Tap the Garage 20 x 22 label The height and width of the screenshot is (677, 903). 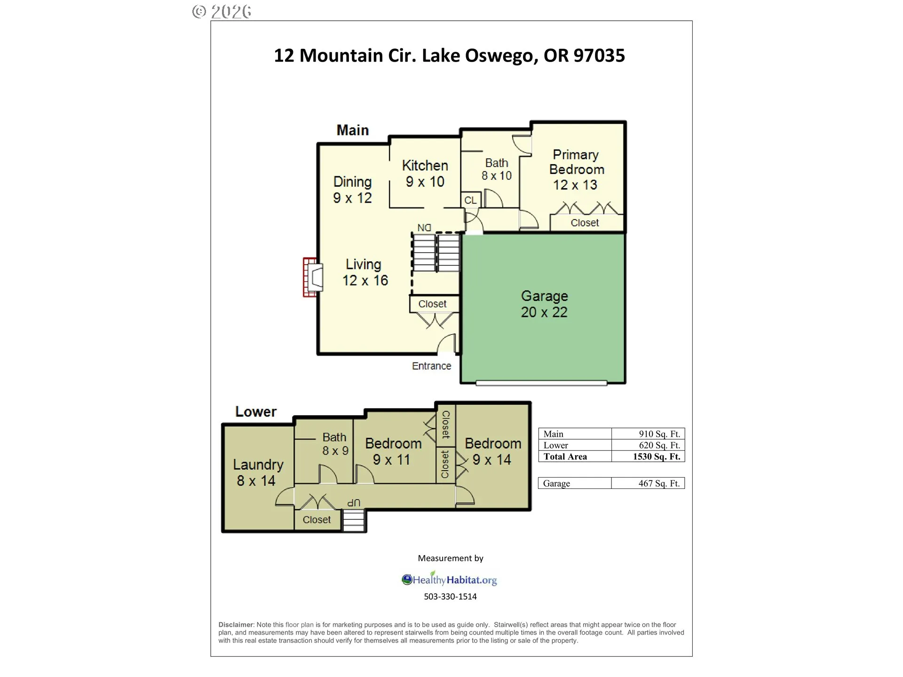(x=544, y=304)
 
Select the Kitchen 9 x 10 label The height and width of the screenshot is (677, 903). (x=425, y=173)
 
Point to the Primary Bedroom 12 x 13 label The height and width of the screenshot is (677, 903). (x=576, y=170)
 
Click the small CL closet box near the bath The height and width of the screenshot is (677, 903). (x=471, y=200)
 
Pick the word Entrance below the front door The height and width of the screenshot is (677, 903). (x=431, y=366)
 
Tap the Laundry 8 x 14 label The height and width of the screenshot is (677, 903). (x=258, y=472)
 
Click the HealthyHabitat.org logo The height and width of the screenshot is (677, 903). (x=449, y=579)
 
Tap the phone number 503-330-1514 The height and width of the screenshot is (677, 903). (x=450, y=596)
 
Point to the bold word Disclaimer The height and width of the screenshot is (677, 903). (x=236, y=625)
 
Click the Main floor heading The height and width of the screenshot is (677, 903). (x=352, y=130)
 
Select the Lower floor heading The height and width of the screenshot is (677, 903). (x=256, y=411)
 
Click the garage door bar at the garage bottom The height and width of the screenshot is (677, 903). (x=541, y=383)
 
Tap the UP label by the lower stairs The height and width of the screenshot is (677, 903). (x=354, y=503)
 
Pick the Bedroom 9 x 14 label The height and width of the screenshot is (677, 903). (x=493, y=451)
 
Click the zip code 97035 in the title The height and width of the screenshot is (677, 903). (x=599, y=55)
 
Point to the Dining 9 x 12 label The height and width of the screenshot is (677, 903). (x=352, y=190)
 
